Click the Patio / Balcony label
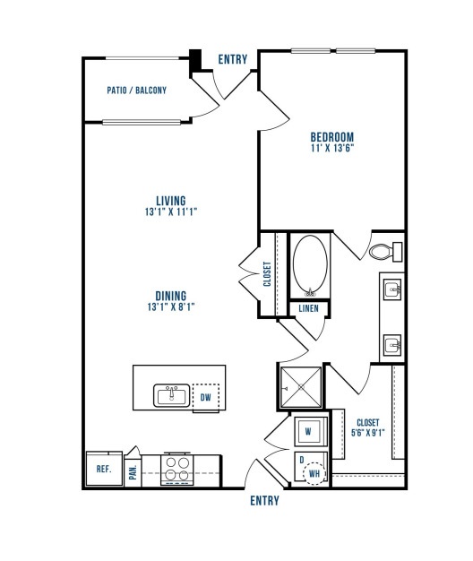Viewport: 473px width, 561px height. [x=136, y=91]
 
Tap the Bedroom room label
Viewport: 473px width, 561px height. [x=332, y=137]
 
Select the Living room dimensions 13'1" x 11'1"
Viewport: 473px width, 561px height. [x=171, y=211]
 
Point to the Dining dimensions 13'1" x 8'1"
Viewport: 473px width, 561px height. [x=171, y=307]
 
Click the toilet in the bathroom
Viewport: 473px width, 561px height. [x=385, y=252]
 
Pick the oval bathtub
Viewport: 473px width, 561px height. [x=310, y=265]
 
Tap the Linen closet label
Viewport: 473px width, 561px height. [x=308, y=308]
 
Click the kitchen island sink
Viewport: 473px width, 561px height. [x=172, y=395]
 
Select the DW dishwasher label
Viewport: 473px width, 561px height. [x=205, y=397]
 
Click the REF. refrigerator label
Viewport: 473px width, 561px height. [x=104, y=469]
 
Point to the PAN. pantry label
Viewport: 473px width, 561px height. [x=133, y=472]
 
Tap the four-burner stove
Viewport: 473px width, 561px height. [x=177, y=470]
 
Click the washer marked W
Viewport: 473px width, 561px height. [x=310, y=431]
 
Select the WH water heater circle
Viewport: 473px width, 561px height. [x=314, y=474]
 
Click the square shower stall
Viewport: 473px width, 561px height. [x=301, y=387]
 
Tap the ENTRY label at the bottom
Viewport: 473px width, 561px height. [x=264, y=501]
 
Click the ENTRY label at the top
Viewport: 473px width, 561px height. [x=233, y=59]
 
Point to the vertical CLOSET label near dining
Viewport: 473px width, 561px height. [x=267, y=274]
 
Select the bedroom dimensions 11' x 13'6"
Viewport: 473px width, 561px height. [x=332, y=148]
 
